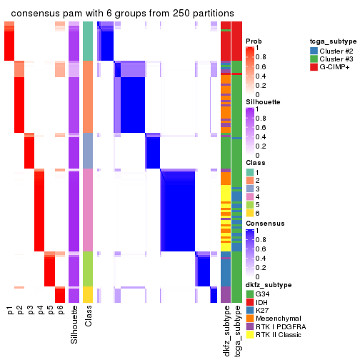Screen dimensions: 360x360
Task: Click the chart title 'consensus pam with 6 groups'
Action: [122, 14]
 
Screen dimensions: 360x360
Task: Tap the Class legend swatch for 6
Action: [250, 213]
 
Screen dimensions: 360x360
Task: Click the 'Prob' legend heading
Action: [254, 41]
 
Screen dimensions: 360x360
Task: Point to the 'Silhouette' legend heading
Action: [262, 102]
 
